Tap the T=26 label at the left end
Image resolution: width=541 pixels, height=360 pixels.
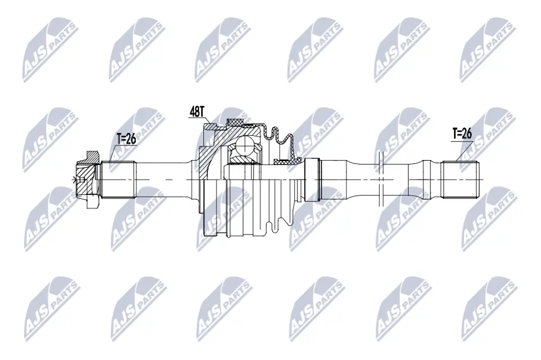click(x=126, y=139)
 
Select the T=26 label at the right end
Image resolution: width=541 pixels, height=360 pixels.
click(x=462, y=134)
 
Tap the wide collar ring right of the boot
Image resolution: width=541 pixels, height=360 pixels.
click(x=313, y=179)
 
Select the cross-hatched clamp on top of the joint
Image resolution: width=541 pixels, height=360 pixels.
click(x=235, y=122)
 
